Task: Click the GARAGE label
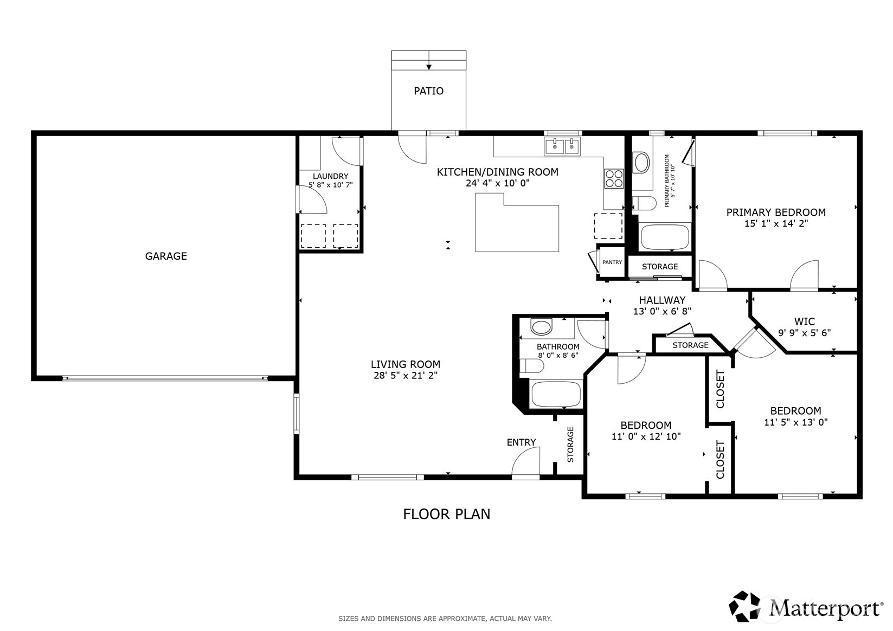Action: coord(166,256)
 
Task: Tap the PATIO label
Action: coord(428,91)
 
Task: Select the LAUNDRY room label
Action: coord(331,176)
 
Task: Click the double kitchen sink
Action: coord(562,146)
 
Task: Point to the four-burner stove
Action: coord(614,178)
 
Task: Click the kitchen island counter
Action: coord(517,222)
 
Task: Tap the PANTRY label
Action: coord(612,262)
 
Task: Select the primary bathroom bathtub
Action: coord(665,237)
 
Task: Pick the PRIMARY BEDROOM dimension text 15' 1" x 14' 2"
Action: coord(776,224)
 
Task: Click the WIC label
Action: coord(805,321)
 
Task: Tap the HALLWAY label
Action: coord(662,300)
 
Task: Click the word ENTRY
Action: coord(521,442)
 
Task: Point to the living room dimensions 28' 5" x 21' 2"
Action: coord(406,376)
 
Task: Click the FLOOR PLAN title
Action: coord(447,514)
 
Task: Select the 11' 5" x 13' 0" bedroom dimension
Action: coord(796,422)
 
